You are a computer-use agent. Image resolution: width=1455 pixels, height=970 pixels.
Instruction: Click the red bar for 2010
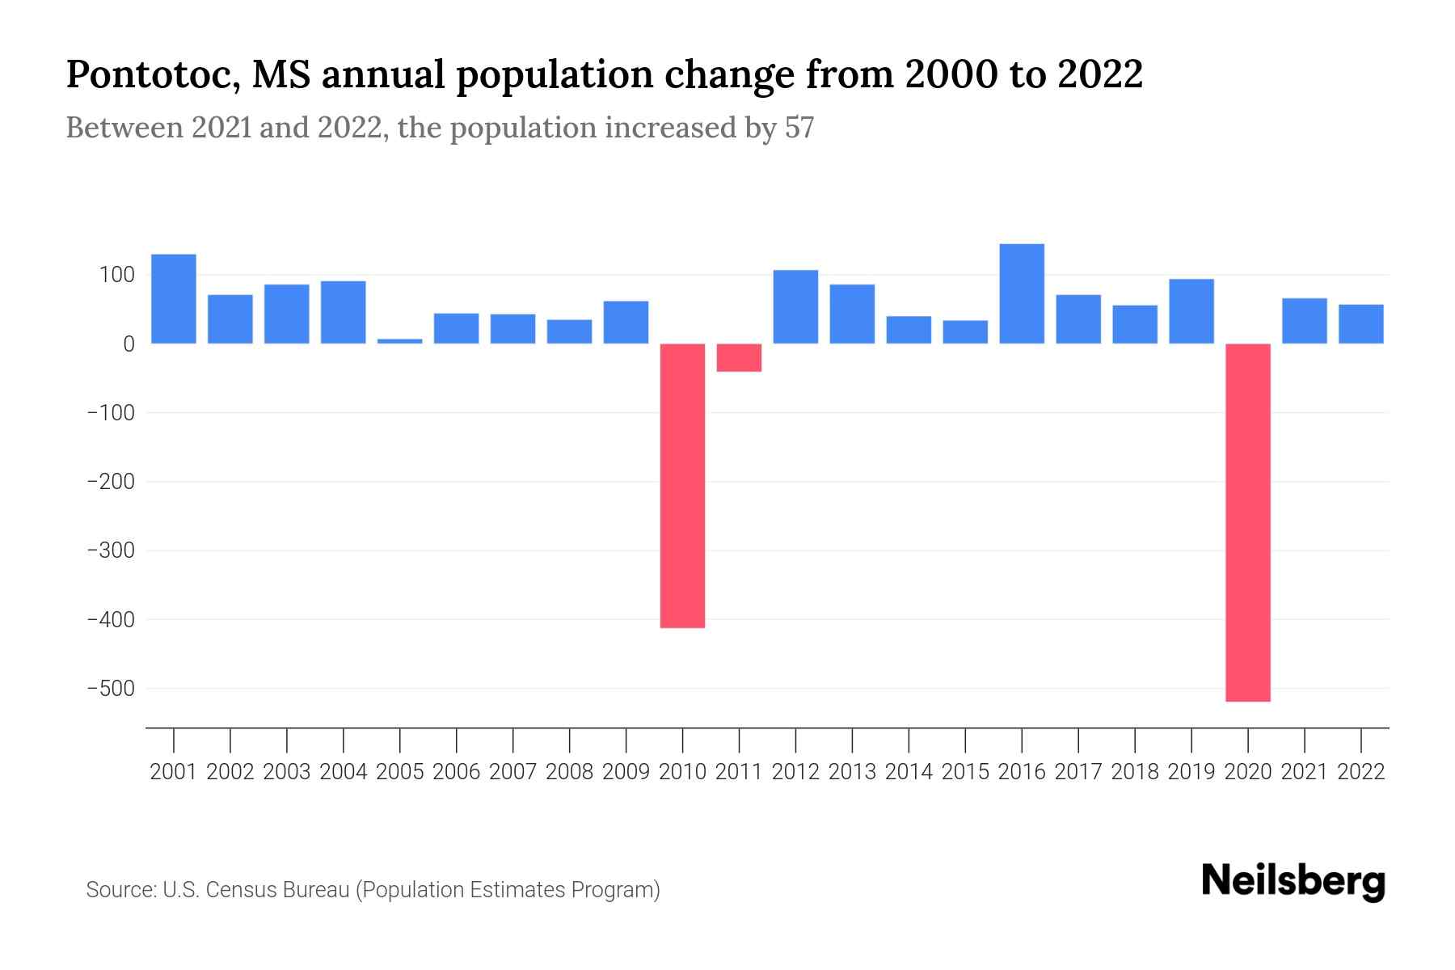point(682,485)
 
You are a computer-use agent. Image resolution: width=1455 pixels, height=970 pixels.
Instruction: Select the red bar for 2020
point(1247,522)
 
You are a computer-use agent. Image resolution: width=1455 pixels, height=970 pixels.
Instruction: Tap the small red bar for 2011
point(739,357)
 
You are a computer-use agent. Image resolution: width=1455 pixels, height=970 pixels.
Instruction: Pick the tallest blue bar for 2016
point(1022,293)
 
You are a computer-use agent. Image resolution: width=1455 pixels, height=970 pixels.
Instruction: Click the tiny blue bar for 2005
point(399,341)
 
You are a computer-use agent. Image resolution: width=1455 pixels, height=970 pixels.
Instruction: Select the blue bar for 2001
point(174,299)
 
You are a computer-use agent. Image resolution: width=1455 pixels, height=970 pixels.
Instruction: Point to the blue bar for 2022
point(1360,324)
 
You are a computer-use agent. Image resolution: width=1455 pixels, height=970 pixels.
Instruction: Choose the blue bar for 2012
point(795,306)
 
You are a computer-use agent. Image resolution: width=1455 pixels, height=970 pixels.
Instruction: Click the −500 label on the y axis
point(111,689)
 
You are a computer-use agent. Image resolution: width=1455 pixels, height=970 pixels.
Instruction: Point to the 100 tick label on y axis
point(116,276)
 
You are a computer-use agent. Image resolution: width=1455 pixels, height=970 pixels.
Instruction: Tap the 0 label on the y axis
point(129,344)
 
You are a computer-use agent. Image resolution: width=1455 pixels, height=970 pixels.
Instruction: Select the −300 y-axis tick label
point(111,550)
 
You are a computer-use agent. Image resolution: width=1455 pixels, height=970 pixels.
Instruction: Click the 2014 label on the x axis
point(909,772)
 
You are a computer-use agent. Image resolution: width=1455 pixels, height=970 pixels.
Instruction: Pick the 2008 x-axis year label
point(569,772)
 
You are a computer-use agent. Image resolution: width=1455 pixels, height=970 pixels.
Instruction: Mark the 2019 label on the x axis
point(1191,772)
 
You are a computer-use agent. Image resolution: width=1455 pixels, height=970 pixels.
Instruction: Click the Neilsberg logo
point(1293,881)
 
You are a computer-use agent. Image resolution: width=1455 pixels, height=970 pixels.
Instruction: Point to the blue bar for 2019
point(1191,311)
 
